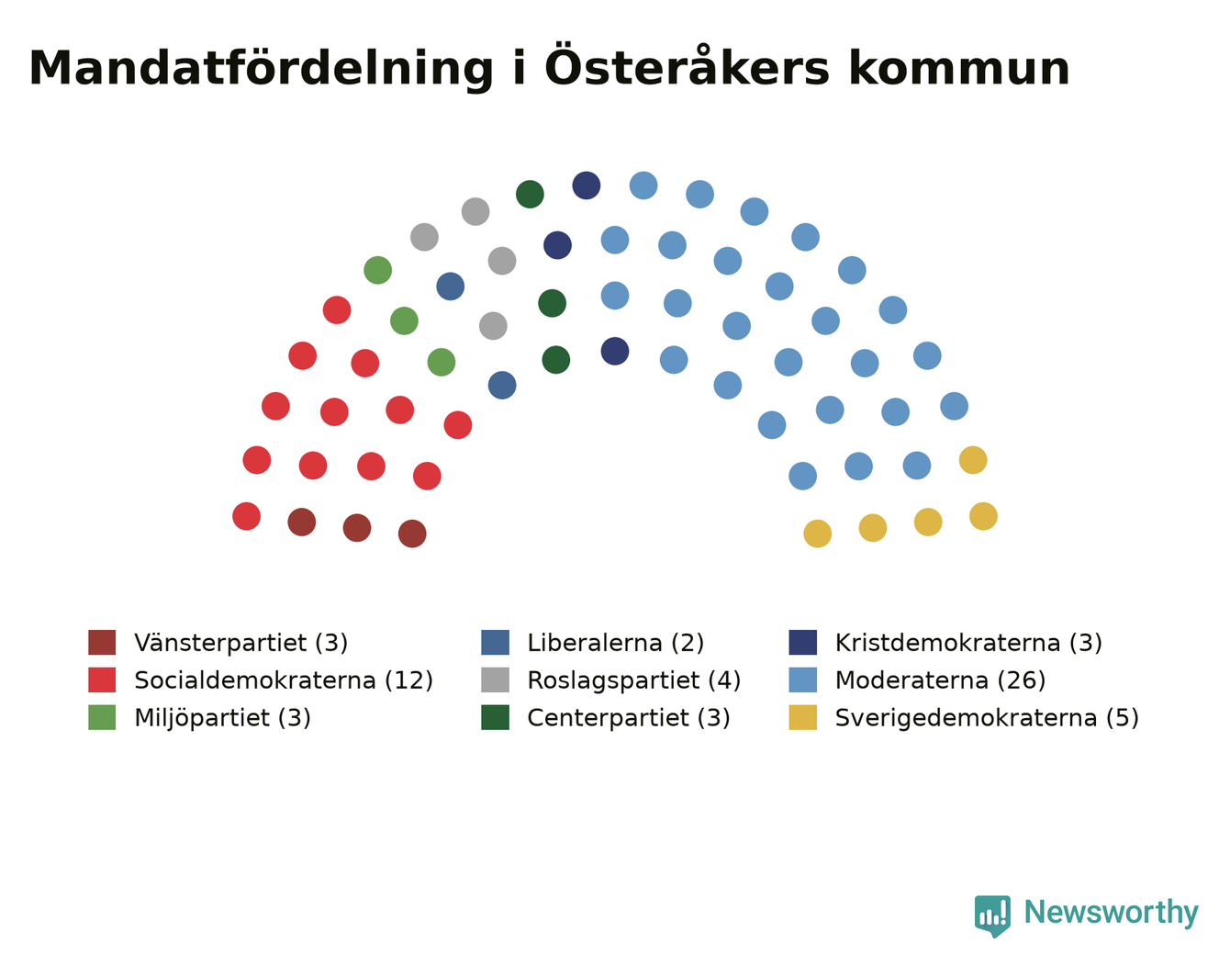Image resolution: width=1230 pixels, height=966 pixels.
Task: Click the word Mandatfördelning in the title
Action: (261, 69)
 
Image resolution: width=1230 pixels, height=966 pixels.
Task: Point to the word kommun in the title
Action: (959, 68)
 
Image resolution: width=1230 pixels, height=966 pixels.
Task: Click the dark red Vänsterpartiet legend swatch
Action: (102, 642)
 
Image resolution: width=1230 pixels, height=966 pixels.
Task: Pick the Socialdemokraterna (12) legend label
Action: (284, 680)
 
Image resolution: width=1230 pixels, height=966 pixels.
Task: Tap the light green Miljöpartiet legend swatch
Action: (102, 717)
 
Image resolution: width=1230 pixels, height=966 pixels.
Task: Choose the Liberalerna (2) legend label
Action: (615, 643)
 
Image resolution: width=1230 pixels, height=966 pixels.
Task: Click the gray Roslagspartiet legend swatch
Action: (495, 680)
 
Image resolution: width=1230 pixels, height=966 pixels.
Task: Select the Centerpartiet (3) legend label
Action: (628, 718)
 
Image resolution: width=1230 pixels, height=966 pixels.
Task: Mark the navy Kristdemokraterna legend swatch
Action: (802, 642)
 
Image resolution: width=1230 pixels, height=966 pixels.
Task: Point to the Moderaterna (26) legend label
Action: (940, 680)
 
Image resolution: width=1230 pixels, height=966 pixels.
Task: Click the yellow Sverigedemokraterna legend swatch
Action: (802, 717)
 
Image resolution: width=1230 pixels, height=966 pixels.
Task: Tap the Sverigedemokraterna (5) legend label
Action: (987, 718)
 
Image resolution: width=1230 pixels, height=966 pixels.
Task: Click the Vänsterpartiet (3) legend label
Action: (241, 643)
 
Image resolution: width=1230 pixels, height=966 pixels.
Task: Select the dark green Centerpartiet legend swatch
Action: (495, 717)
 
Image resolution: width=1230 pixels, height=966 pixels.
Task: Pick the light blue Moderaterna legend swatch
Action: (802, 680)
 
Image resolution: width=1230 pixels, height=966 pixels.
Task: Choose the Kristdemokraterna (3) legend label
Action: (968, 643)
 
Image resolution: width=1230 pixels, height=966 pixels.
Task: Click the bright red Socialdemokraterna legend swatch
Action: (102, 680)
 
